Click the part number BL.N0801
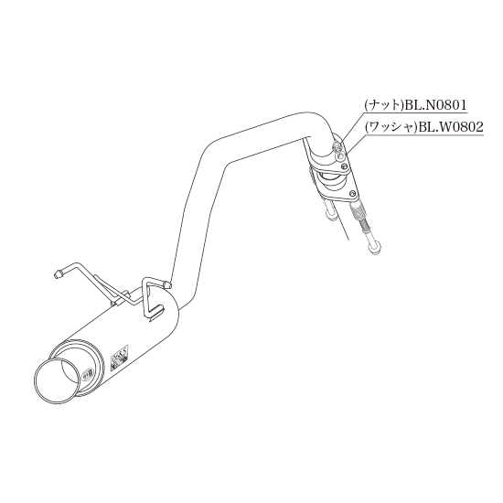tap(435, 105)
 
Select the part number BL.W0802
tap(449, 127)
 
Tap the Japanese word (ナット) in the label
tap(384, 105)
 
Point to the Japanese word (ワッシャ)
tap(391, 128)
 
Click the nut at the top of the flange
tap(337, 147)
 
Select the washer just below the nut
tap(339, 156)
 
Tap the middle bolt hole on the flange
tap(345, 166)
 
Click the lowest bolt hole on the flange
tap(353, 194)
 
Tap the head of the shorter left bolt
tap(330, 215)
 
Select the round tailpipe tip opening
tap(57, 380)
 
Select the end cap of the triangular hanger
tap(167, 284)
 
